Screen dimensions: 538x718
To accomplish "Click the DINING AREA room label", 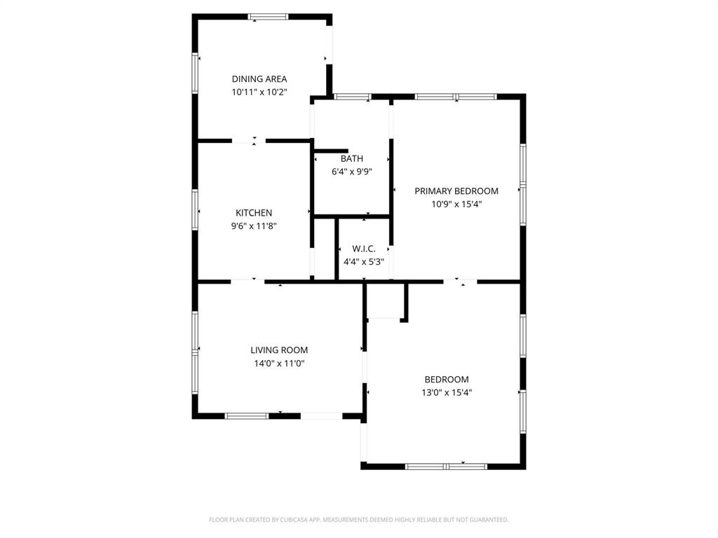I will click(x=259, y=79).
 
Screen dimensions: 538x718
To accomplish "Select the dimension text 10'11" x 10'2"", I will click(x=259, y=92).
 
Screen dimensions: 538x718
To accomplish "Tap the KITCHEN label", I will click(x=254, y=213).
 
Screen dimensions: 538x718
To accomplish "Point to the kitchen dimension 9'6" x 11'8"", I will click(x=254, y=226).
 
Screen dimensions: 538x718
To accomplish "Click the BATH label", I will click(x=352, y=158).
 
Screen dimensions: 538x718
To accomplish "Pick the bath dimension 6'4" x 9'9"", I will click(x=352, y=171).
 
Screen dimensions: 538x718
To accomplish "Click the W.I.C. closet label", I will click(x=364, y=249).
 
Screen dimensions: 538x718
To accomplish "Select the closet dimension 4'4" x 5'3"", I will click(x=364, y=261).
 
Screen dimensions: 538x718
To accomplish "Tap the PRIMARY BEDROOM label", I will click(x=456, y=191).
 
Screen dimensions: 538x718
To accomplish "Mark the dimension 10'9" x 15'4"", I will click(x=456, y=204).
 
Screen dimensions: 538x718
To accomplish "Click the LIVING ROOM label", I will click(x=279, y=350).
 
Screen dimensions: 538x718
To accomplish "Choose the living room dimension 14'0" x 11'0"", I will click(x=279, y=363).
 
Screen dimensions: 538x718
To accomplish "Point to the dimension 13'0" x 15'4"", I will click(x=447, y=392).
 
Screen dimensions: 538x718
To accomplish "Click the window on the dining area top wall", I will click(x=268, y=17).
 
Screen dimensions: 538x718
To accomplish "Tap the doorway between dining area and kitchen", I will click(x=249, y=142).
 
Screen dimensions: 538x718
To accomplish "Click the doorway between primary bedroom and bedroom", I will click(x=460, y=282).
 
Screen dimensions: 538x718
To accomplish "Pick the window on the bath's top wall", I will click(x=352, y=97).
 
